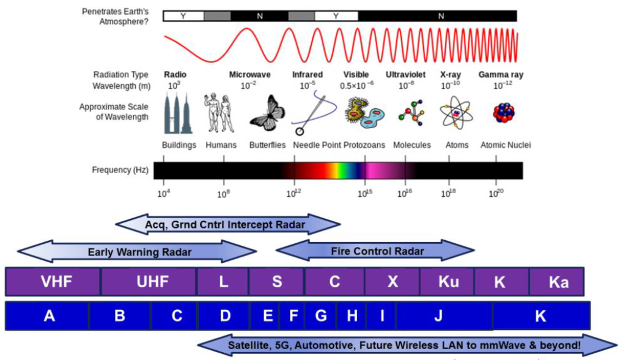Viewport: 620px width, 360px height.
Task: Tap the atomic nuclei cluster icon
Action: (504, 113)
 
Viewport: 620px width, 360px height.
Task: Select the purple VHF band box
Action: (53, 281)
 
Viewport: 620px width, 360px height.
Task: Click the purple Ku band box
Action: (448, 281)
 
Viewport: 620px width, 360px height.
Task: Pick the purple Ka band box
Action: (558, 281)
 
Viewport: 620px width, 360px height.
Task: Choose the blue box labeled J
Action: (437, 315)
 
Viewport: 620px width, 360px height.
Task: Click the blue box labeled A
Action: (49, 315)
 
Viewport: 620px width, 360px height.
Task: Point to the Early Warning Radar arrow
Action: (138, 251)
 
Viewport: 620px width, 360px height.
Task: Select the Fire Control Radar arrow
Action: (375, 250)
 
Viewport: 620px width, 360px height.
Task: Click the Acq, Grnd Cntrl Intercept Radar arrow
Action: (227, 224)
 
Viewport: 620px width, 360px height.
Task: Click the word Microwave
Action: (249, 75)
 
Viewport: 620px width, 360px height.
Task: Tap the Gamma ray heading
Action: (501, 75)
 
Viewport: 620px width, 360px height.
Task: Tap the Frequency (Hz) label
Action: (116, 170)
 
